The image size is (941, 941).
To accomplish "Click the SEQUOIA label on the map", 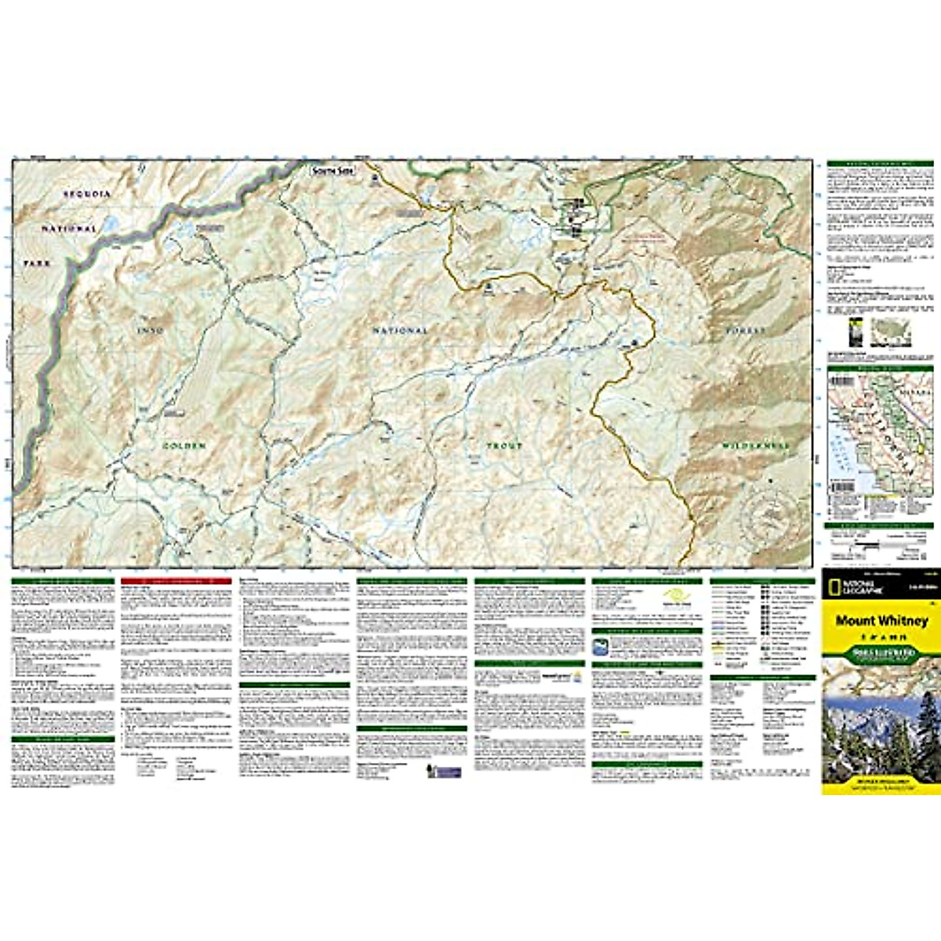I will [87, 194].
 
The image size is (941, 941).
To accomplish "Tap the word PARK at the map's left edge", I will [37, 263].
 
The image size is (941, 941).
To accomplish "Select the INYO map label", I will [151, 331].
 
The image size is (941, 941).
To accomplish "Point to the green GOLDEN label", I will [184, 445].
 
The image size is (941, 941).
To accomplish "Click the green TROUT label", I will [504, 445].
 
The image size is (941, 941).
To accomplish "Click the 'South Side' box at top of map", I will [332, 170].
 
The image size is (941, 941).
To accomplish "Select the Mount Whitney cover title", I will [881, 620].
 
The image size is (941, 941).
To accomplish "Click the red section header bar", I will [176, 581].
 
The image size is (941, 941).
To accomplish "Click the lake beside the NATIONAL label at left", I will [110, 223].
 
